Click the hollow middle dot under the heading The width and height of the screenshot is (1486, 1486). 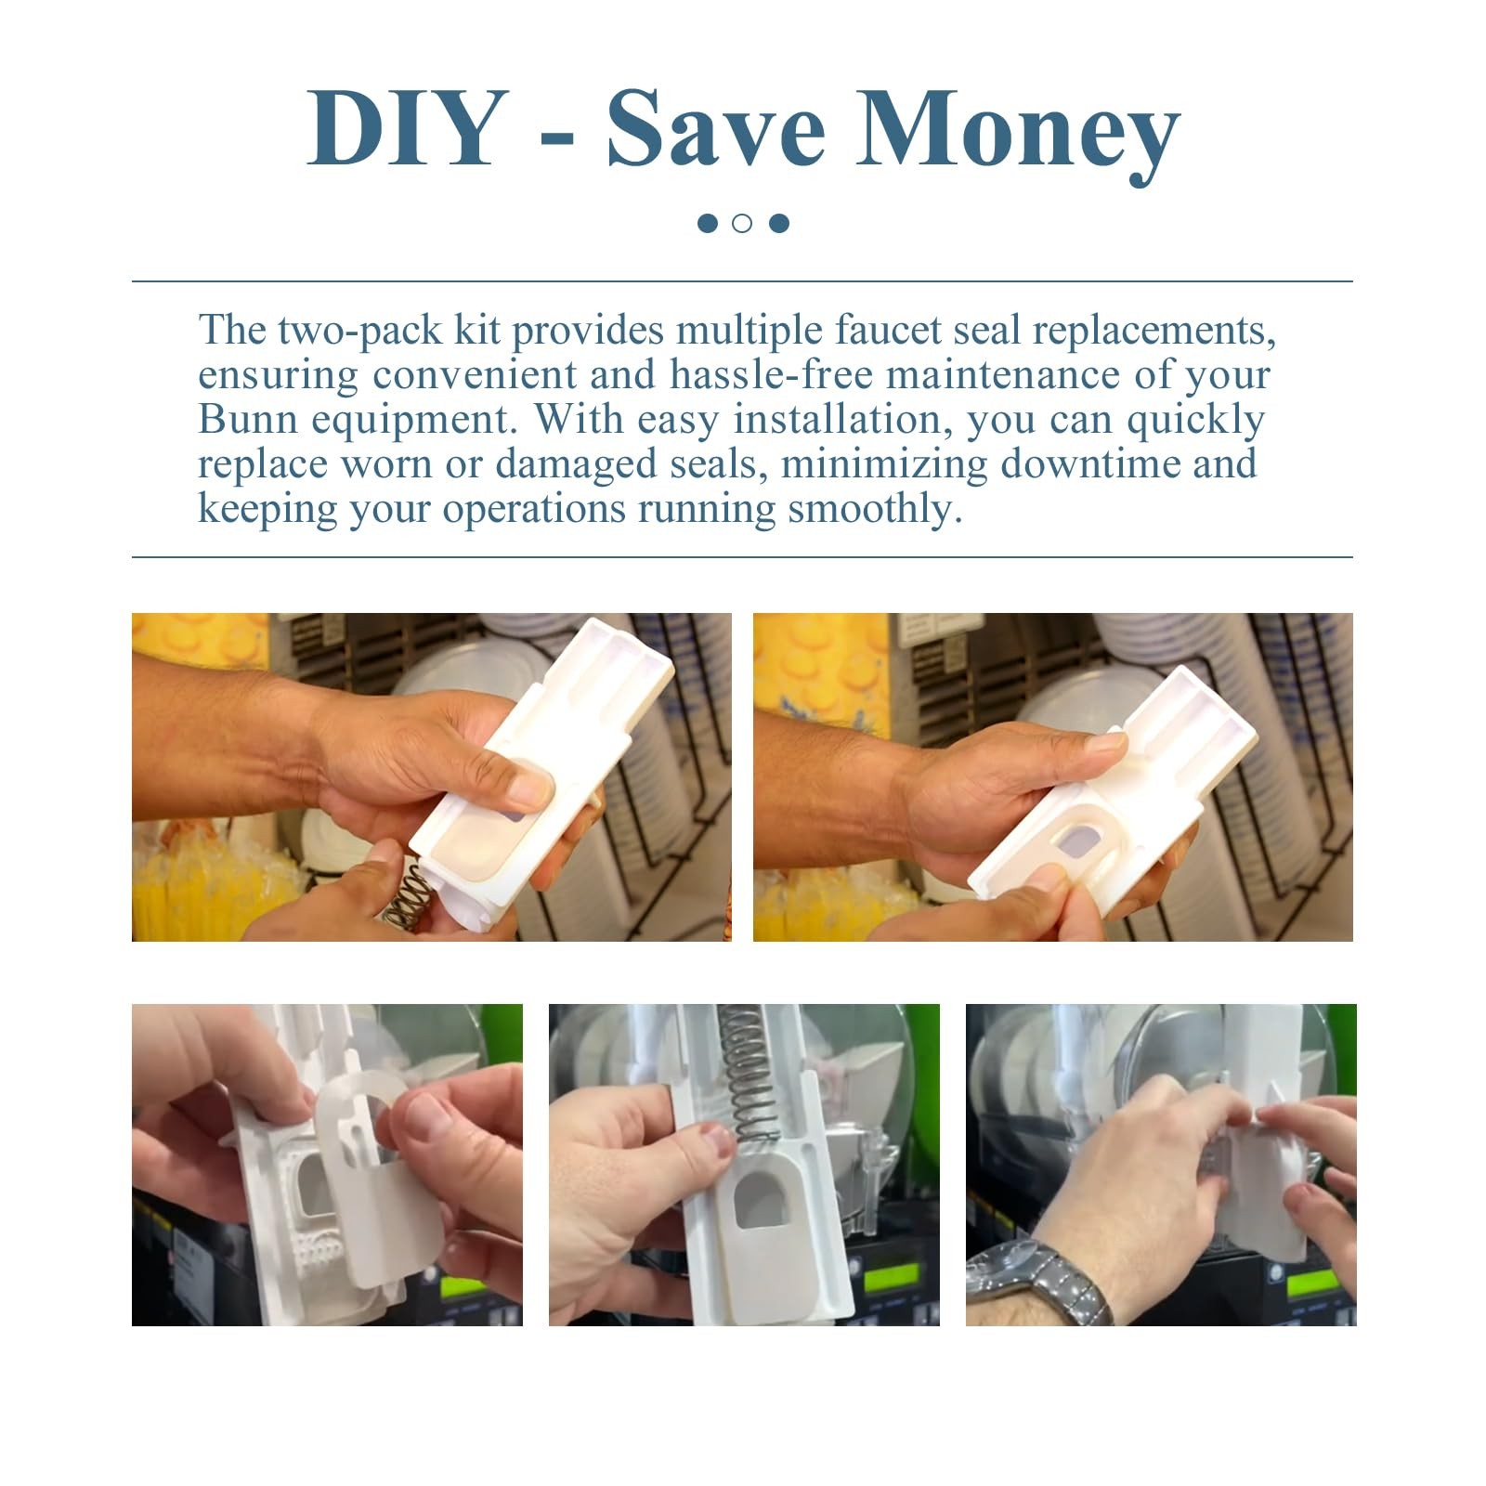click(x=742, y=223)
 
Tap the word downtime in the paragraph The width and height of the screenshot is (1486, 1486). click(x=1089, y=463)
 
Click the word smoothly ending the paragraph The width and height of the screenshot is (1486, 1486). click(x=874, y=509)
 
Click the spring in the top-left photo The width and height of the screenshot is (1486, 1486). click(x=409, y=897)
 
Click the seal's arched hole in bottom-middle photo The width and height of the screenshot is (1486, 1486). click(x=762, y=1197)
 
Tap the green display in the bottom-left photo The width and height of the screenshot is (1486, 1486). click(x=463, y=1289)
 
